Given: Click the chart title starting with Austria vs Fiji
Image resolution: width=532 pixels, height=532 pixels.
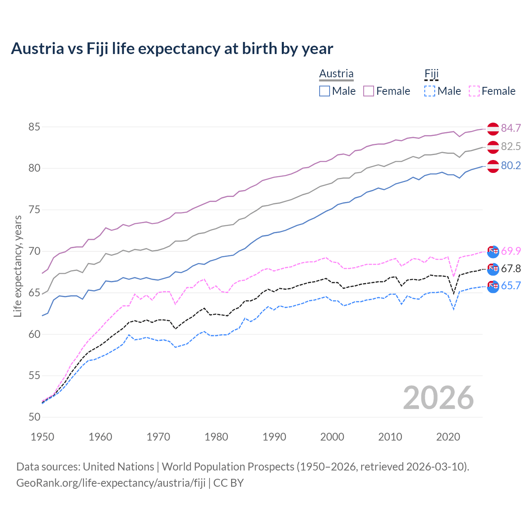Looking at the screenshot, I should coord(172,49).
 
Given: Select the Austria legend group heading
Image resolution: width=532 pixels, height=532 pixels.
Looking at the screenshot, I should coord(336,74).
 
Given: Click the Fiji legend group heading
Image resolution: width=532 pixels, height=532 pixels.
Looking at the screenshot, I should coord(431,74).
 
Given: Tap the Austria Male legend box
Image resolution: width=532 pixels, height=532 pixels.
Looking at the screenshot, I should coord(325,91).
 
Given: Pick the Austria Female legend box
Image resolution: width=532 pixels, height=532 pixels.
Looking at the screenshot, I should coord(369,91).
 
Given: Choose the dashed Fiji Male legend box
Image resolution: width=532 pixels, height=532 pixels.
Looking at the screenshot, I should coord(430,91).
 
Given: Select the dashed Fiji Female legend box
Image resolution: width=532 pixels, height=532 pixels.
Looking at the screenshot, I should coord(474,91).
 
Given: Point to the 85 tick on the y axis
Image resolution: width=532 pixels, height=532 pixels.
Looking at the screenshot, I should coord(34,127).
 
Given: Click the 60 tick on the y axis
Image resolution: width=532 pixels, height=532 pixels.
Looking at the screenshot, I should coord(34,334).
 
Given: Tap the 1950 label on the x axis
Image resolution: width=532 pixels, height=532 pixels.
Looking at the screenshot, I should coord(42,437).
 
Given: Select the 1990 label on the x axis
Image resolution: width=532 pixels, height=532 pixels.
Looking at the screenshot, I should coord(274,437).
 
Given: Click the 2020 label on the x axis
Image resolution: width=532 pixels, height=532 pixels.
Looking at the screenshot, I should coord(448,437).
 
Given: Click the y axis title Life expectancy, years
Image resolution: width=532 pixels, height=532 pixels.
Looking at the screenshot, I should coord(18,266).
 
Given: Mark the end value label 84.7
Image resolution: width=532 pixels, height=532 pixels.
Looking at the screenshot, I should coord(511,128).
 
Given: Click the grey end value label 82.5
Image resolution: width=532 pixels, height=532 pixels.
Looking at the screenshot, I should coord(511,146).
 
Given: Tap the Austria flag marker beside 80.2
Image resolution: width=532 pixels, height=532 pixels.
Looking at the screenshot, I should coord(493,166).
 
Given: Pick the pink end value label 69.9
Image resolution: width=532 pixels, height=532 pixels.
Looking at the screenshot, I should coord(511,251).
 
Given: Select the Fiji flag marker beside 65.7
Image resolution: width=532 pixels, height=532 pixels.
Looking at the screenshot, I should coord(493,286).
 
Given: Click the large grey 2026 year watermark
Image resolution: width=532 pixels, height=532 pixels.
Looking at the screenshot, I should coord(438,398).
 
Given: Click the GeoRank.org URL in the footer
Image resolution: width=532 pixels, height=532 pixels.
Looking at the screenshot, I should coord(111,483).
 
